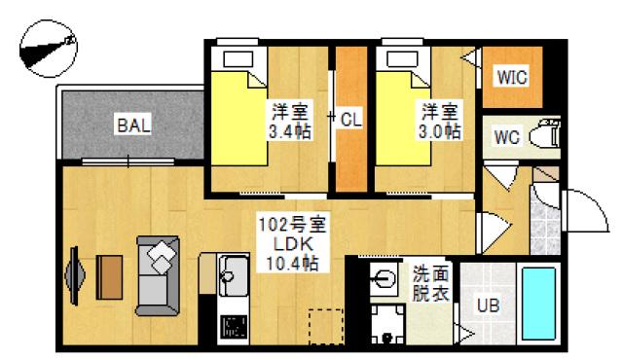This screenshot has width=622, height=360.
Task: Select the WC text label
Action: coord(507,136)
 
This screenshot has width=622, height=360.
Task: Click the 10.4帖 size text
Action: coord(292,263)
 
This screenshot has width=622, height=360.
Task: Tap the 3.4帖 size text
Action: coord(290,130)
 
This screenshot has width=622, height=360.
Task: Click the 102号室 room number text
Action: coord(292,225)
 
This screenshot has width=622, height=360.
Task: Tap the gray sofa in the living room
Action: coord(160,275)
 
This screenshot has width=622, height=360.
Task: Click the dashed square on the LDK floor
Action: coord(327,326)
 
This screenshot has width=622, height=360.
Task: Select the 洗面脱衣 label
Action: coord(429,282)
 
